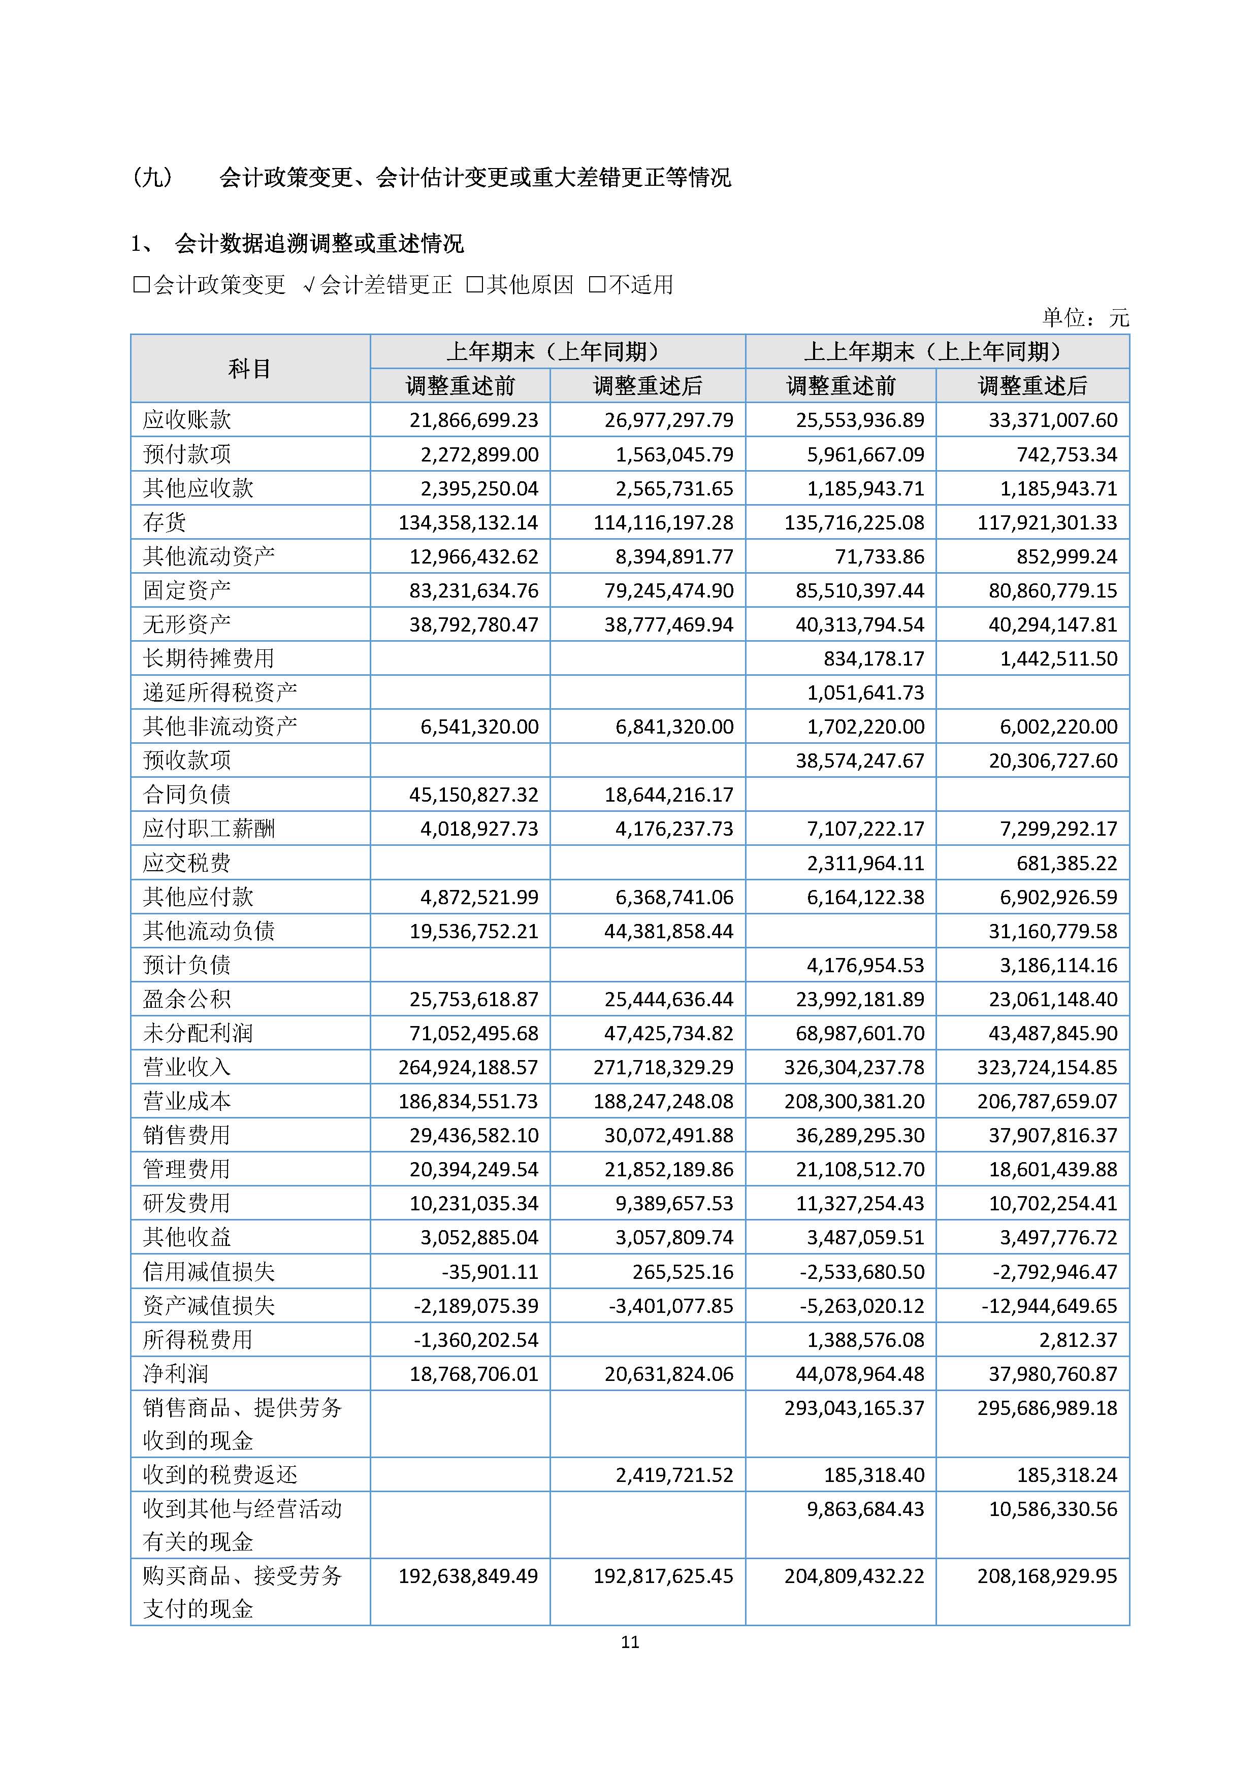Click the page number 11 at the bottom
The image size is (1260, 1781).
(629, 1641)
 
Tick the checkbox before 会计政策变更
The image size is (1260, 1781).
(141, 285)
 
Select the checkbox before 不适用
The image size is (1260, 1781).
(597, 285)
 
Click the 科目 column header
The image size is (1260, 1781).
(250, 369)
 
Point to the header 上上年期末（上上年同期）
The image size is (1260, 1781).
(936, 351)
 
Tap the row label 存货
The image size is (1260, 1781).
(165, 522)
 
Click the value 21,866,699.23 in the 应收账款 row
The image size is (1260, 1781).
(473, 420)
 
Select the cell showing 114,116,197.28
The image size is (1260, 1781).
(663, 522)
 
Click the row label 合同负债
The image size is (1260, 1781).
(187, 795)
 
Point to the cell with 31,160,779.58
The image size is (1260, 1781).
(1052, 931)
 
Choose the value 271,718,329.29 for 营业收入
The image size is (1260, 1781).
(663, 1067)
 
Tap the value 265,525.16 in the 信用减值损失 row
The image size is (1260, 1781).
(674, 1271)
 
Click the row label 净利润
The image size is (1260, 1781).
(176, 1374)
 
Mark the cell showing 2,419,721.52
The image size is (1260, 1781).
(674, 1474)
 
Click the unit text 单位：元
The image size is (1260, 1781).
(1085, 317)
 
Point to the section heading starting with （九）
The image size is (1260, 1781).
(431, 178)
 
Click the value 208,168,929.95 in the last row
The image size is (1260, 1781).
(1047, 1576)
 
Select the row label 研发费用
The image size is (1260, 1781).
(187, 1203)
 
